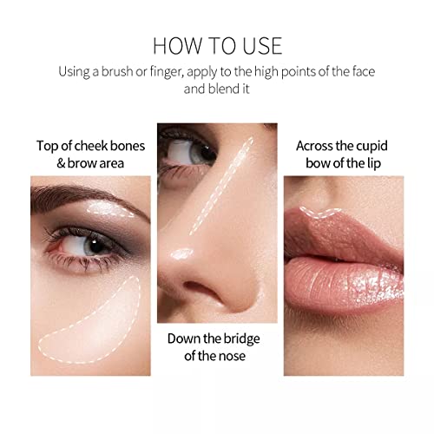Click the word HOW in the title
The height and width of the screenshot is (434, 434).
tap(174, 45)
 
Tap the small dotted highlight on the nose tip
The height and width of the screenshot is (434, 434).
tap(182, 253)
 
